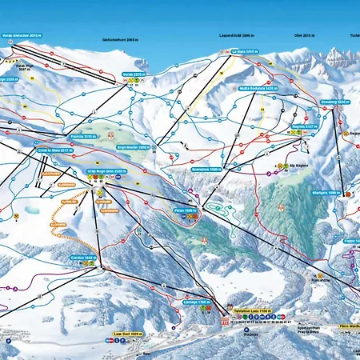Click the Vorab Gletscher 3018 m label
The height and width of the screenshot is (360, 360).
pos(22,35)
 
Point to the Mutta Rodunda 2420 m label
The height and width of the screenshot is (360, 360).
pos(255,89)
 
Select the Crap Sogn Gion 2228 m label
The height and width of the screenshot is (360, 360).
pos(106,170)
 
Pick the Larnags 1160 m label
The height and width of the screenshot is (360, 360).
pos(198,302)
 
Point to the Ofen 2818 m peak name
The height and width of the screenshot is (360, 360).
pos(302,37)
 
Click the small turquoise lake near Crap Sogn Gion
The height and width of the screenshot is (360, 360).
pos(31,210)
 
